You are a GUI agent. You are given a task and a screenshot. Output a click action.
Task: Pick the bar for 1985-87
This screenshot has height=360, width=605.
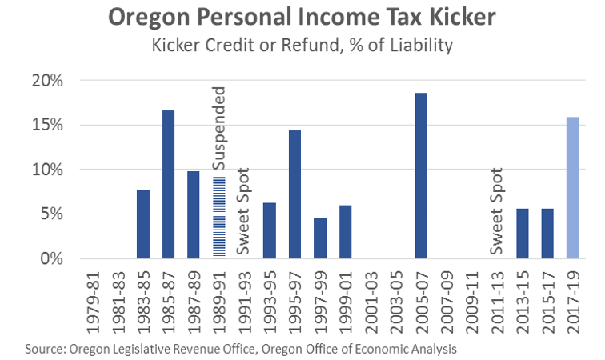coord(169,185)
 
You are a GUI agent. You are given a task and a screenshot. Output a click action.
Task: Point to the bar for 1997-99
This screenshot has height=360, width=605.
coord(320,238)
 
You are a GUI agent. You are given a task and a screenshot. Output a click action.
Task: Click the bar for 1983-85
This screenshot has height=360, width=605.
coord(143,224)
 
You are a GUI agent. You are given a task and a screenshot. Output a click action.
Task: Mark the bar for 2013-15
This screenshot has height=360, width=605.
coord(522,234)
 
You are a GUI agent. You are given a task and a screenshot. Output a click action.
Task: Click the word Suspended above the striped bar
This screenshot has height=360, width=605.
coord(220,128)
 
